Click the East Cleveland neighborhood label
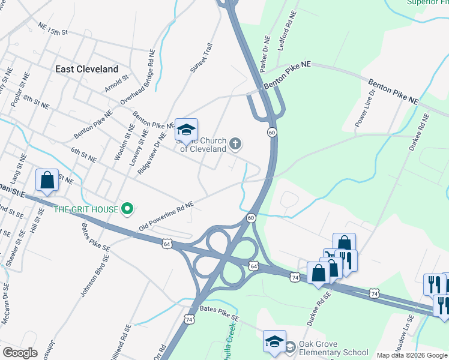(86, 69)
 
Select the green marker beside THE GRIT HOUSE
(127, 209)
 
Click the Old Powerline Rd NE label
(166, 217)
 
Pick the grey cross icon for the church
(236, 143)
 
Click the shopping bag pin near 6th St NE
(47, 180)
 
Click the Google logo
(20, 353)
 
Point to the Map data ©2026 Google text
(412, 355)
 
